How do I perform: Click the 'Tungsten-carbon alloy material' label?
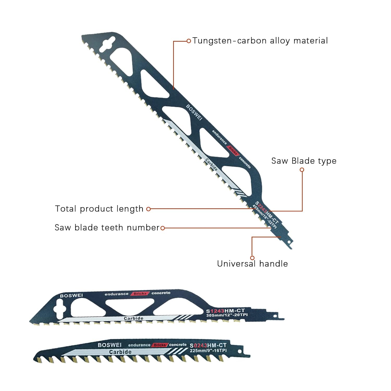tap(260, 41)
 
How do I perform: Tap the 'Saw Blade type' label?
tap(304, 161)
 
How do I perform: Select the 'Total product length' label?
tap(99, 209)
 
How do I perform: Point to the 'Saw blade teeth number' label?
tap(107, 228)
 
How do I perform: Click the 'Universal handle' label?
tap(252, 264)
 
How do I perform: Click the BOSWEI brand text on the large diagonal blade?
tap(194, 112)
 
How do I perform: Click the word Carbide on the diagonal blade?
tap(211, 165)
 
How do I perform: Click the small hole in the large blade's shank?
tap(289, 242)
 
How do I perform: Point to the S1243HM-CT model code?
tap(225, 311)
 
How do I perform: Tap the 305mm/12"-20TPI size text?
tap(227, 315)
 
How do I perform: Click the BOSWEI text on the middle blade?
tap(71, 296)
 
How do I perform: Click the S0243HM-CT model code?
tap(208, 345)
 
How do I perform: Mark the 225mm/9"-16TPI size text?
tap(208, 351)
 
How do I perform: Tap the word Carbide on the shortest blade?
tap(120, 352)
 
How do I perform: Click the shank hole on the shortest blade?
tap(240, 351)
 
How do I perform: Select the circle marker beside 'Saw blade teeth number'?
tap(163, 228)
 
